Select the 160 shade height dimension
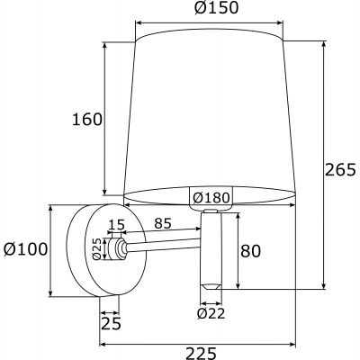(88, 120)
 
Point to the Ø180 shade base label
(210, 198)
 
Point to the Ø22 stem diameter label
(211, 313)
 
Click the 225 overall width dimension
(195, 353)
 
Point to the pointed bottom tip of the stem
(211, 284)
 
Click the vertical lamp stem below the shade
(211, 247)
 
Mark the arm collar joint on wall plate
(117, 248)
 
